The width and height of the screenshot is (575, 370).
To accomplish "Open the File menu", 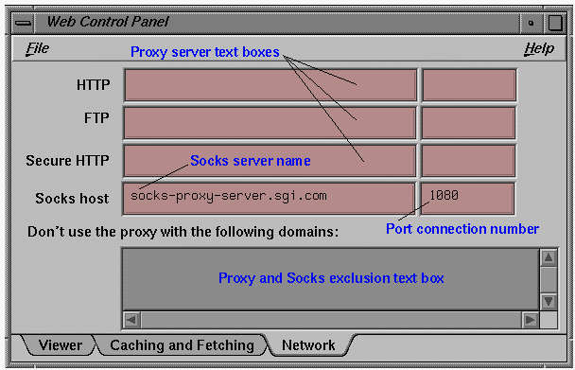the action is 38,48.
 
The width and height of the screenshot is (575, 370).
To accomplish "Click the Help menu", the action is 538,48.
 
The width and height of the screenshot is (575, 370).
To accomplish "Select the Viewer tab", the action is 60,345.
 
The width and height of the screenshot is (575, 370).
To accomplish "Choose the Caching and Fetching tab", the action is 182,345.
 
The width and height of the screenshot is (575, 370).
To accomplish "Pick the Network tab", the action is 307,345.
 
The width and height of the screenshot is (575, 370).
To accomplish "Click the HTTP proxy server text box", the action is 270,85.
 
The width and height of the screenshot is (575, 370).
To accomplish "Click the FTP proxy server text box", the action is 270,122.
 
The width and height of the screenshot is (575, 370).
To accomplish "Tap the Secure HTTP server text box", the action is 270,160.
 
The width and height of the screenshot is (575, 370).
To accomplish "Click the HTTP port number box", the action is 468,85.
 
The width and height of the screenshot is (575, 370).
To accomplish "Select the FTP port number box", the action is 468,122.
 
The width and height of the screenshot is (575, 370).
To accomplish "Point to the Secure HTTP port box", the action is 468,160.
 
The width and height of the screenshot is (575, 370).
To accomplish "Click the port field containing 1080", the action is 468,197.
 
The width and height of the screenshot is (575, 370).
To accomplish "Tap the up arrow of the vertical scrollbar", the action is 548,257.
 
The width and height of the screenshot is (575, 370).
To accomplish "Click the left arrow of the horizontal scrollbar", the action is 131,320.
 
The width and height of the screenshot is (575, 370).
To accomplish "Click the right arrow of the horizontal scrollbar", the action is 529,320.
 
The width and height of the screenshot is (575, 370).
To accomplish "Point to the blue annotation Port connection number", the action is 462,229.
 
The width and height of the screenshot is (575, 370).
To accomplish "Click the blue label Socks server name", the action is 250,161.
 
